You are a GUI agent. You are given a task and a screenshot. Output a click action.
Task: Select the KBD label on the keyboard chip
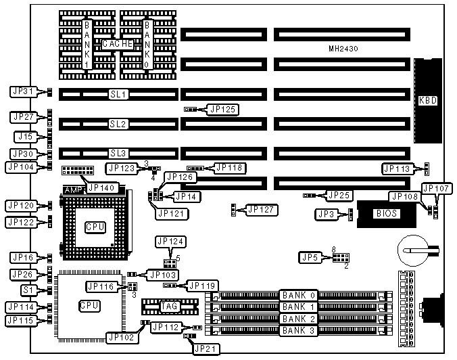tap(428, 101)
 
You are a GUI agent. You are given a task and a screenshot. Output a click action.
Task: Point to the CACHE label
tap(117, 44)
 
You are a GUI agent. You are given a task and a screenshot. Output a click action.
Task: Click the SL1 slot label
tap(118, 94)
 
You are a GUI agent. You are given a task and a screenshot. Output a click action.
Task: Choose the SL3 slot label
tap(118, 154)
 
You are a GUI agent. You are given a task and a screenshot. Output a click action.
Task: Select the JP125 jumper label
tap(223, 108)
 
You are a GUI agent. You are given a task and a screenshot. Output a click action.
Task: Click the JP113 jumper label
tap(397, 169)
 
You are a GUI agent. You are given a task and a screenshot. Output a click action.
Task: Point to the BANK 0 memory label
tap(299, 296)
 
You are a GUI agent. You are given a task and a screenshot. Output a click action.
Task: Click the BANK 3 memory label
tap(299, 330)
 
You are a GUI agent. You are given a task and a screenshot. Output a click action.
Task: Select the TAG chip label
tap(168, 307)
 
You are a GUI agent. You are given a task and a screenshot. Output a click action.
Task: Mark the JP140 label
tap(103, 187)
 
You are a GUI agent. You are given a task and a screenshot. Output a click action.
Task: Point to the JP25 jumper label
tap(338, 196)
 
